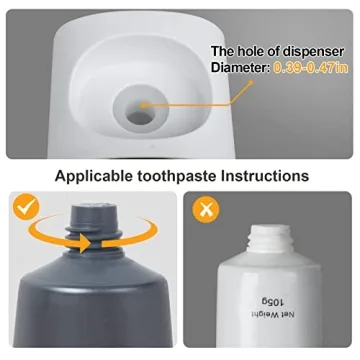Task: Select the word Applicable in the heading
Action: click(x=97, y=177)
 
